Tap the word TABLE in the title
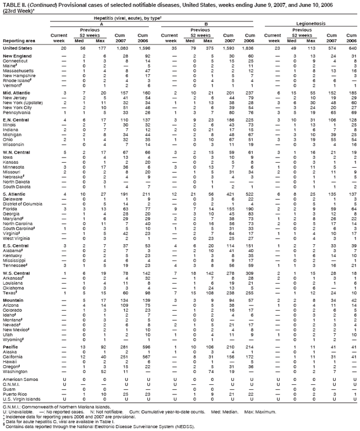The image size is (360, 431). point(11,4)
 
